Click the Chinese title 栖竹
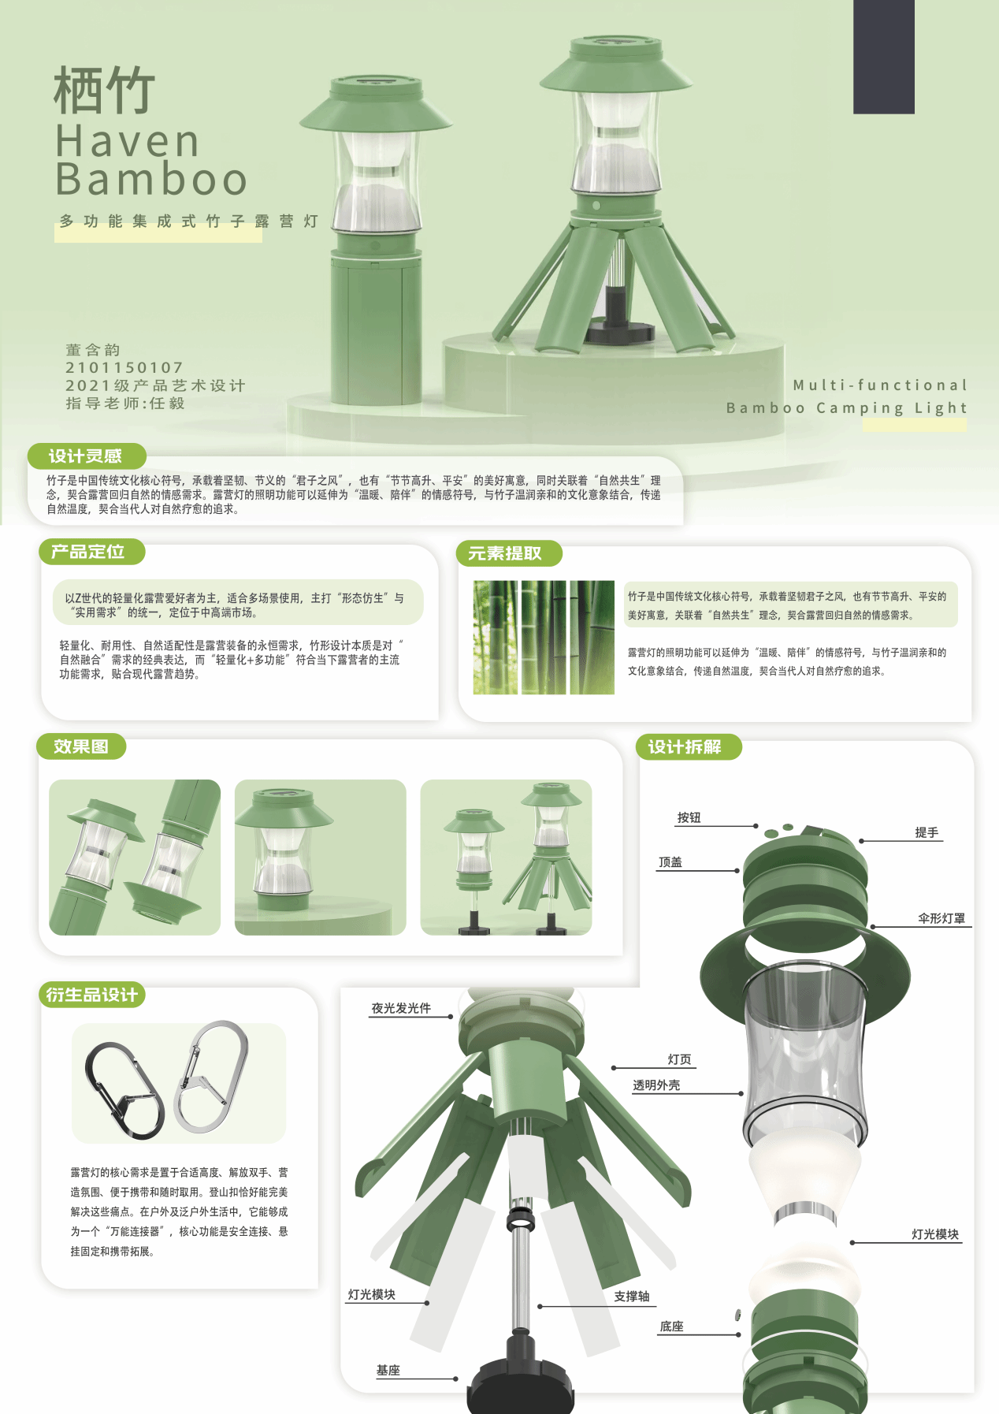(x=104, y=90)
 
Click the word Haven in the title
(x=128, y=142)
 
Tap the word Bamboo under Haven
(x=151, y=179)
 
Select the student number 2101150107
(x=124, y=367)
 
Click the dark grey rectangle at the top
(x=884, y=57)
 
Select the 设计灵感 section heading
(x=86, y=456)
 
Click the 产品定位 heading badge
(x=91, y=552)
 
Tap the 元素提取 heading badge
(x=509, y=553)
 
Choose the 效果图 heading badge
(x=81, y=746)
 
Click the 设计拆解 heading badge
(x=688, y=746)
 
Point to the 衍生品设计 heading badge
(x=92, y=995)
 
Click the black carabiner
(x=124, y=1089)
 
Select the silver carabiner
(x=211, y=1076)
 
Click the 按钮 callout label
(x=689, y=818)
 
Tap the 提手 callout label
(x=927, y=832)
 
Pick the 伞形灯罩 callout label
(x=941, y=918)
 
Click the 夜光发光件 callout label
(x=401, y=1008)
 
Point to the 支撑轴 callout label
(x=632, y=1297)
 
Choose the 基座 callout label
(x=388, y=1371)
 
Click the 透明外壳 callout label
(x=656, y=1085)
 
